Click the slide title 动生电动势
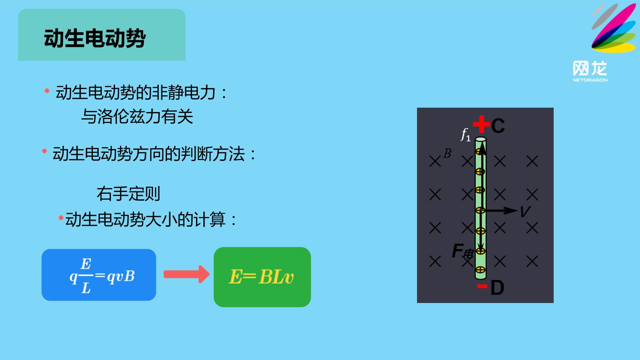pyautogui.click(x=95, y=38)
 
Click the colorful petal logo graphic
pyautogui.click(x=614, y=28)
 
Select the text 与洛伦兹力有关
pyautogui.click(x=137, y=117)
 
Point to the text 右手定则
pyautogui.click(x=129, y=194)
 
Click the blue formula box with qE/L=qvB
pyautogui.click(x=99, y=275)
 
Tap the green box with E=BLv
pyautogui.click(x=262, y=277)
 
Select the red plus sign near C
pyautogui.click(x=481, y=124)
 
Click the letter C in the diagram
pyautogui.click(x=498, y=126)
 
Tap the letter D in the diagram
pyautogui.click(x=497, y=287)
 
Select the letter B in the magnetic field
pyautogui.click(x=447, y=154)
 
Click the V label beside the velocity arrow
pyautogui.click(x=525, y=211)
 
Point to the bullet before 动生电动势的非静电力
pyautogui.click(x=47, y=91)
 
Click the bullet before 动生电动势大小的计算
pyautogui.click(x=61, y=218)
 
